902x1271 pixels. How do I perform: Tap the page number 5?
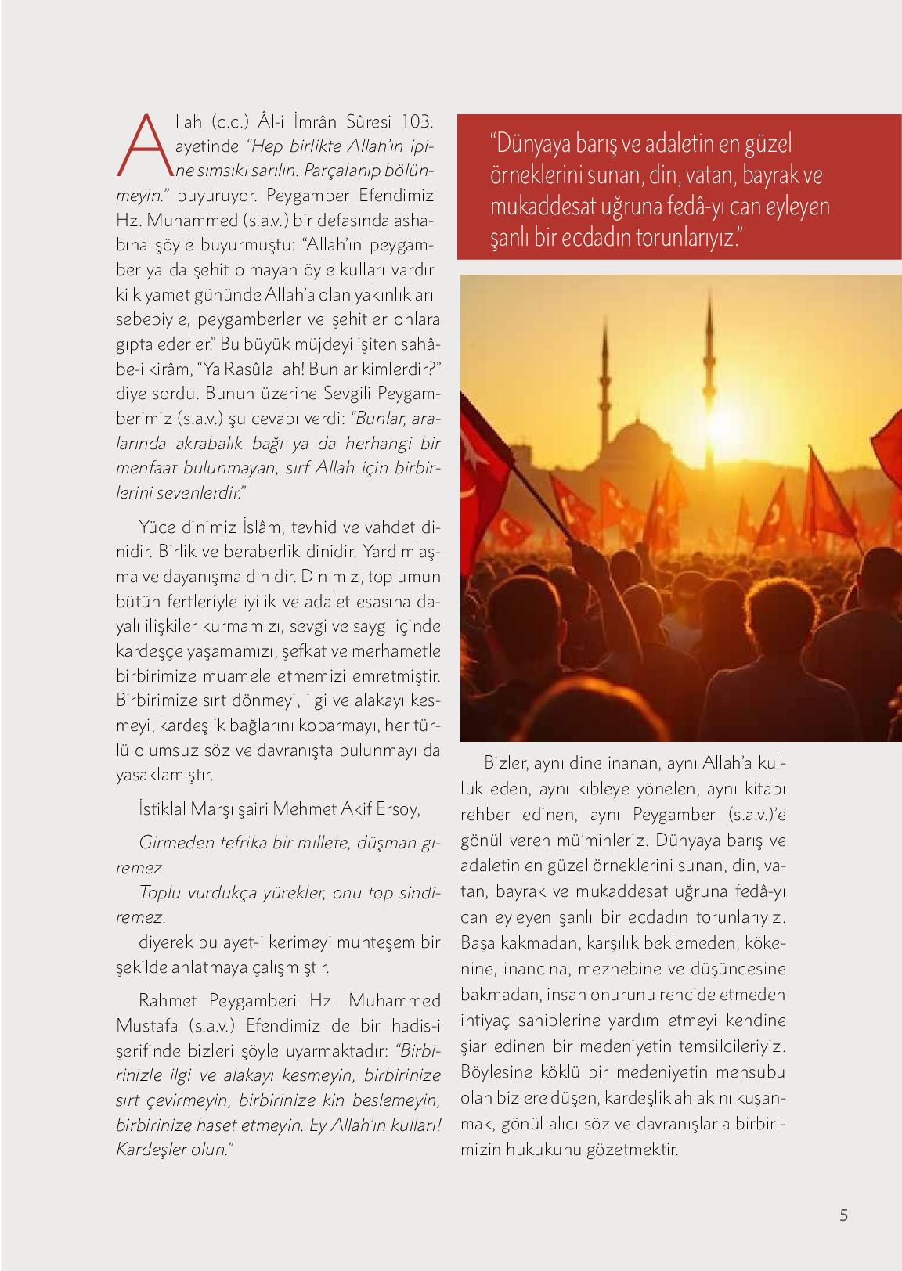pyautogui.click(x=843, y=1215)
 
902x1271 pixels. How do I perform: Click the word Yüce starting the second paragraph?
pyautogui.click(x=154, y=526)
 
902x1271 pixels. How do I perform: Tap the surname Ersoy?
pyautogui.click(x=397, y=809)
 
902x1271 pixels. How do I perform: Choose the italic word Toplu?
pyautogui.click(x=157, y=893)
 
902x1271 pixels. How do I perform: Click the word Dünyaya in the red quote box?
pyautogui.click(x=531, y=146)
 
